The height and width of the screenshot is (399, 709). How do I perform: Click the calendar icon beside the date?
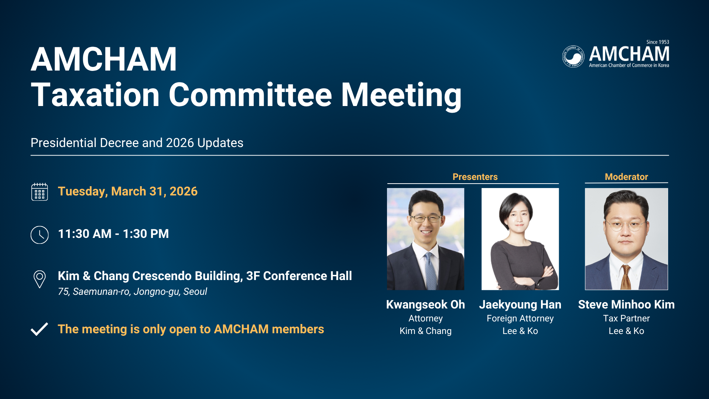(40, 191)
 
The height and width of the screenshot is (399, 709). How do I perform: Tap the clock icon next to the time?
(40, 235)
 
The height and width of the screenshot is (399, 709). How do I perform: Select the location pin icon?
(40, 279)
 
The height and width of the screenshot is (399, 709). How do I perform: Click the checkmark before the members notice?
(39, 329)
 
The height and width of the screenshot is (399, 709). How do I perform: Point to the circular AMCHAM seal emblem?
(573, 57)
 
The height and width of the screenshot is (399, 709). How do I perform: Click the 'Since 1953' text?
(658, 42)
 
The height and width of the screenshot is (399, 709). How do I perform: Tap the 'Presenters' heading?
(475, 177)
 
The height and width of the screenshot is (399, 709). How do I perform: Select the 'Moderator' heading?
(626, 177)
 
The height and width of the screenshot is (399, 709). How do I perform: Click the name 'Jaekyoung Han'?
(520, 305)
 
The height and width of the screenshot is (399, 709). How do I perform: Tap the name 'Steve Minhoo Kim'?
(626, 304)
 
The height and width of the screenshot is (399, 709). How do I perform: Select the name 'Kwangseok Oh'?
(425, 305)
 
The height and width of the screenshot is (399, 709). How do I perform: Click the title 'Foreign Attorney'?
(520, 318)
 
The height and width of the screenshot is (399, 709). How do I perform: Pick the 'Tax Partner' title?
(626, 318)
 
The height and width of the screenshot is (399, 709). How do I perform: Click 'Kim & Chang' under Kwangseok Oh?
(425, 331)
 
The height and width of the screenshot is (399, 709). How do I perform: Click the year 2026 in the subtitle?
(180, 143)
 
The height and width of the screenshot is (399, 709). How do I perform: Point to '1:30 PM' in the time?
(145, 234)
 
